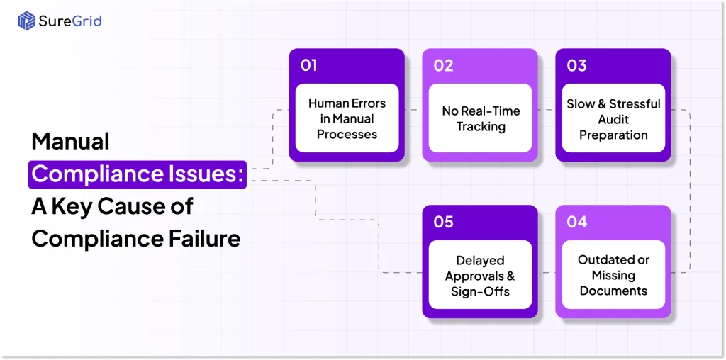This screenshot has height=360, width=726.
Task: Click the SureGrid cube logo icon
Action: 26,21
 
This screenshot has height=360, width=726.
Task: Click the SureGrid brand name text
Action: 69,21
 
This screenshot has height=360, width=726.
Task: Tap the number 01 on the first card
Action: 308,65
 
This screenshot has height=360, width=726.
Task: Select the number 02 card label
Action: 443,65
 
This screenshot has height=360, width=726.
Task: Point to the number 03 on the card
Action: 576,65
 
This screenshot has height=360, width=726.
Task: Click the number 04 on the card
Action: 576,222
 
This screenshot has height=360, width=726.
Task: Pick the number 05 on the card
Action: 443,222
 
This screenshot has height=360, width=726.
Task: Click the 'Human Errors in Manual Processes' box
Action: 347,118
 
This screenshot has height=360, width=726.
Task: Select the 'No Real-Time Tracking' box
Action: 481,118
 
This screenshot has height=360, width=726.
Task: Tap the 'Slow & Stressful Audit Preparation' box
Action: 613,118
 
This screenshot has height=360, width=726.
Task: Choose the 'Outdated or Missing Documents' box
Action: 613,275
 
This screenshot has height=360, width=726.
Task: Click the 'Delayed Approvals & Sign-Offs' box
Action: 481,275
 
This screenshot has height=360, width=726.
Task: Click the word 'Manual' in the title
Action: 70,141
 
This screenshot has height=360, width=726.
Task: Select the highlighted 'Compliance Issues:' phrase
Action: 138,174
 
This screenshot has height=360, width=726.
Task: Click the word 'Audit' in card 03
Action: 613,119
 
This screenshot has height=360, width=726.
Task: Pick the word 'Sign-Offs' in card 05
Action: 481,291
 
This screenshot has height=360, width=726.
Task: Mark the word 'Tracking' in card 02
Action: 481,127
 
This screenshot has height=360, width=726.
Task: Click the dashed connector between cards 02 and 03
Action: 543,110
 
